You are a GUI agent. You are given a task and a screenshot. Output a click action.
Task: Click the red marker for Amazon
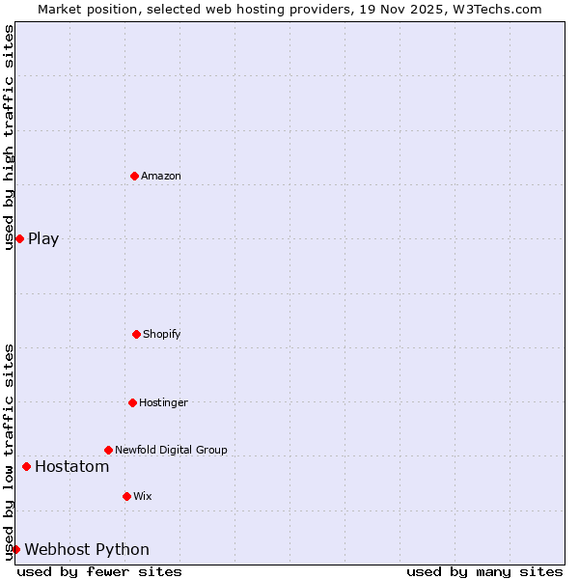click(x=134, y=176)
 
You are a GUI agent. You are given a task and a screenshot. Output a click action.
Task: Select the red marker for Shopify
click(x=136, y=334)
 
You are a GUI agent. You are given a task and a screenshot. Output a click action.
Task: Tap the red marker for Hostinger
click(x=132, y=402)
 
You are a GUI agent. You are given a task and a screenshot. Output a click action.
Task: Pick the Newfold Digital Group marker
click(x=108, y=450)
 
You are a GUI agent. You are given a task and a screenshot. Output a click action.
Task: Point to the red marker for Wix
click(x=126, y=496)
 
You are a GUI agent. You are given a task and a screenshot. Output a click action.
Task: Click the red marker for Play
click(x=19, y=238)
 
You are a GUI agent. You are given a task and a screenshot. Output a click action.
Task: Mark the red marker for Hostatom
click(x=26, y=466)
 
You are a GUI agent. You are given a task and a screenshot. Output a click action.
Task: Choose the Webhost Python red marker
click(x=15, y=549)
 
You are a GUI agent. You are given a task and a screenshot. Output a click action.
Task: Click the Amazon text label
click(x=161, y=176)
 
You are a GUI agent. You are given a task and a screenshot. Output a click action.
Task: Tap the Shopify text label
click(x=162, y=334)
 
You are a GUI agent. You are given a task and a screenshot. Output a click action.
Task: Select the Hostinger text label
click(x=163, y=402)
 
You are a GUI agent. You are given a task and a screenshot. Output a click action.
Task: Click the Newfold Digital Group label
click(x=171, y=450)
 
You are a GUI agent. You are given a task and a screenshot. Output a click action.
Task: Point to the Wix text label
click(x=143, y=496)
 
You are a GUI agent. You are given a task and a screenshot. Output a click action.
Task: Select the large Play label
click(x=43, y=239)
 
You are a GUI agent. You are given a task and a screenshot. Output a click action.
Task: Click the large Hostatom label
click(x=71, y=467)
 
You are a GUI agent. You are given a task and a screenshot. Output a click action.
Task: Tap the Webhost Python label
click(x=87, y=550)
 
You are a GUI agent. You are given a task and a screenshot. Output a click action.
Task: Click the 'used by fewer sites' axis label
click(x=99, y=571)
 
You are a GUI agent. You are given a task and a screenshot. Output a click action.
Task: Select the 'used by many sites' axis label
click(x=484, y=571)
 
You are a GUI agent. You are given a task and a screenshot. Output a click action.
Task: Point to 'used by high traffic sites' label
click(x=9, y=137)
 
